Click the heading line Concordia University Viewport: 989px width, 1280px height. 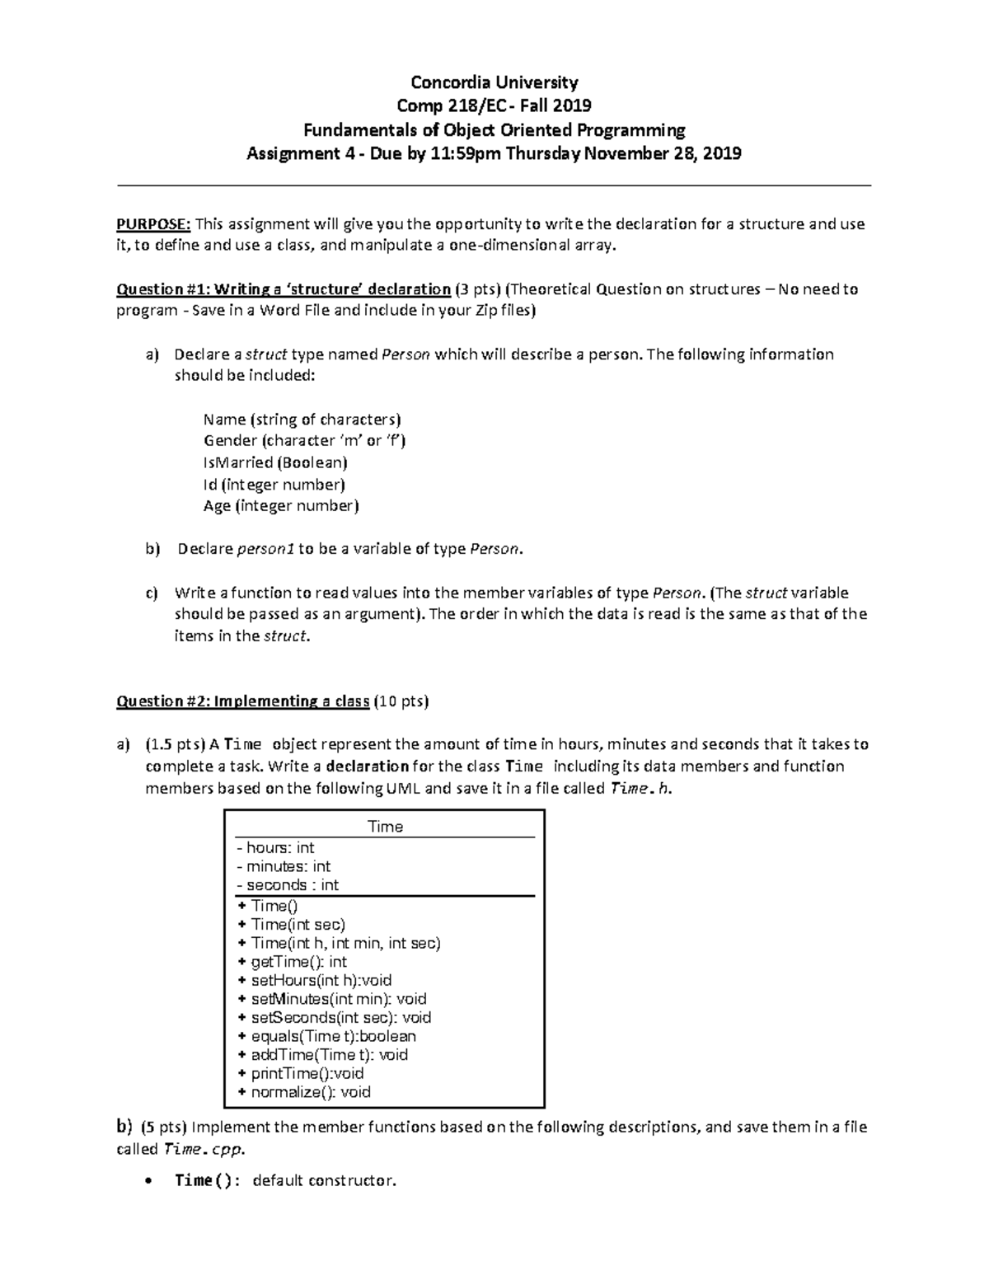494,82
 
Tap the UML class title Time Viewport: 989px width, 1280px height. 385,827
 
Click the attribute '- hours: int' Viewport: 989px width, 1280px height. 275,848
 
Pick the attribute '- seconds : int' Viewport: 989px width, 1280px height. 288,885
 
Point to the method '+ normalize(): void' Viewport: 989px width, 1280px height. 303,1092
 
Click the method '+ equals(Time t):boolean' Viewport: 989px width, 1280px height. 326,1036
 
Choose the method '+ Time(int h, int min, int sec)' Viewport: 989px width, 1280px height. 339,943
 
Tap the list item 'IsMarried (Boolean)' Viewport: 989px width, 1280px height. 275,462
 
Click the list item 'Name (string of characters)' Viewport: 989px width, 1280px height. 302,420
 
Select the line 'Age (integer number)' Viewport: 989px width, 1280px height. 281,506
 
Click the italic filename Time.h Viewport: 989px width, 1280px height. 640,789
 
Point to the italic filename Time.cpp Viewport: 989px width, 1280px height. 204,1149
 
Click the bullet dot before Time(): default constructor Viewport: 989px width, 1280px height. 148,1181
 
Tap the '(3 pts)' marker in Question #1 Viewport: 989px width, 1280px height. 477,289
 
